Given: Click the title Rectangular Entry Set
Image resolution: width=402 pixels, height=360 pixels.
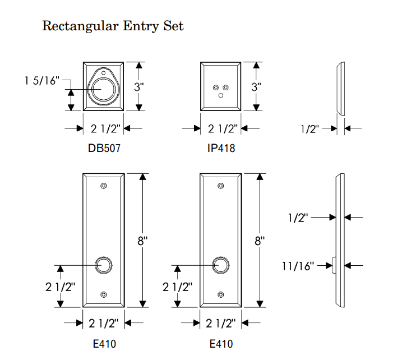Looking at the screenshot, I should pyautogui.click(x=113, y=26).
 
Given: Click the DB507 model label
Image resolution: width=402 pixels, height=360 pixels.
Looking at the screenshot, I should pyautogui.click(x=104, y=149).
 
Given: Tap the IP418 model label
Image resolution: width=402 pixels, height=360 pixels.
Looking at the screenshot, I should pyautogui.click(x=221, y=149).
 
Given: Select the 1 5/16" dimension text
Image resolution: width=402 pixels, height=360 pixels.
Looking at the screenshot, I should pyautogui.click(x=42, y=81).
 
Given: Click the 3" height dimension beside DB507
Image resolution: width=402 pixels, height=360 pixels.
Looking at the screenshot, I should pyautogui.click(x=138, y=87).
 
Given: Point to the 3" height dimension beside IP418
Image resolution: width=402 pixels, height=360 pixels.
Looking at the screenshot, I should pyautogui.click(x=256, y=87).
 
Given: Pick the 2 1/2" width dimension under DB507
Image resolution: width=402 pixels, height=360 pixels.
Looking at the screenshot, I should pyautogui.click(x=104, y=128).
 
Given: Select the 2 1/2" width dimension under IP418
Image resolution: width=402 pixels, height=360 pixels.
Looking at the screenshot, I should pyautogui.click(x=221, y=128).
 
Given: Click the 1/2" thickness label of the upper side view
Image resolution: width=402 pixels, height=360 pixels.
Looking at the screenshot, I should pyautogui.click(x=309, y=129).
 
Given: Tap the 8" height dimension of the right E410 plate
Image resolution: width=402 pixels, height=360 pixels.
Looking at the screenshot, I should pyautogui.click(x=260, y=241).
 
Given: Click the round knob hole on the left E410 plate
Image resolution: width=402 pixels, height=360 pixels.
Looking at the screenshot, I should pyautogui.click(x=103, y=265).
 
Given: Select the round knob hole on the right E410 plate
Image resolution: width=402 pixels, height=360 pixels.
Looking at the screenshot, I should pyautogui.click(x=221, y=265).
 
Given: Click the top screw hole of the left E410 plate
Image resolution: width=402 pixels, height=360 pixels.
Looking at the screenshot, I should pyautogui.click(x=103, y=186).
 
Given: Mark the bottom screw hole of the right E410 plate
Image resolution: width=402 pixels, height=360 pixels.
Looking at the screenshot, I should pyautogui.click(x=221, y=294).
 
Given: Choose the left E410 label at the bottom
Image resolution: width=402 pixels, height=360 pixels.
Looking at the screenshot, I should pyautogui.click(x=104, y=344).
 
